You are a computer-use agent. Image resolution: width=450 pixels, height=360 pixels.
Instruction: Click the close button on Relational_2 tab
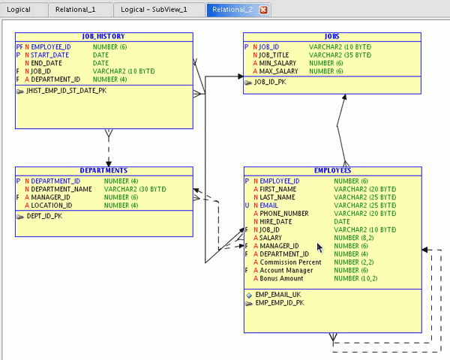[263, 10]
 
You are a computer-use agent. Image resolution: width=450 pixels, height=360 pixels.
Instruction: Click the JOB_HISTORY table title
[103, 36]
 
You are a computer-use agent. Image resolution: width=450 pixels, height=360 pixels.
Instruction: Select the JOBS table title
[331, 36]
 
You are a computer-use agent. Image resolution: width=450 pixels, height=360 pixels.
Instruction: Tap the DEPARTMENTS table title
[103, 170]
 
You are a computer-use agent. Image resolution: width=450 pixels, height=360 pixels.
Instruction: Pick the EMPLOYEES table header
[333, 170]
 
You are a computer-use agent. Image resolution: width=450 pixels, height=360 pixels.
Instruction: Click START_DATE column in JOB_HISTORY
[50, 55]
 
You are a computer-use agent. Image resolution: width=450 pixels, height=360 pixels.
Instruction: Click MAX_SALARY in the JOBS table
[279, 71]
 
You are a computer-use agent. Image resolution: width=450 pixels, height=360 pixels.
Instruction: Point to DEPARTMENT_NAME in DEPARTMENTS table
[61, 189]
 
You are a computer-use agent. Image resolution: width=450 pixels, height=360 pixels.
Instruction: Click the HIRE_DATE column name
[276, 221]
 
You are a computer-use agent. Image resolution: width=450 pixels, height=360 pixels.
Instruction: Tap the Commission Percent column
[291, 262]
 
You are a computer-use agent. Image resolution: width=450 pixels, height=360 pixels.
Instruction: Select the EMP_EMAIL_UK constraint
[280, 295]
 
